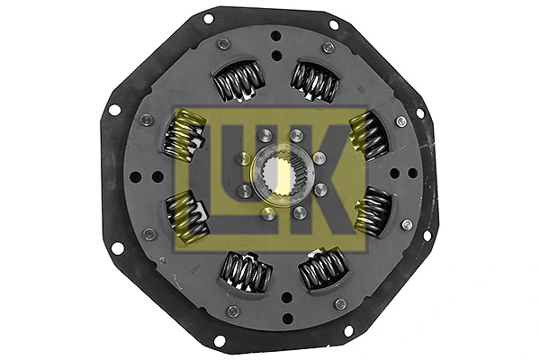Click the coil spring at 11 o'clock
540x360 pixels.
pos(238,83)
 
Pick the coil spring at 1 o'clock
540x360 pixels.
pos(314,81)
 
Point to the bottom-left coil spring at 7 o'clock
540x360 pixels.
pos(244,269)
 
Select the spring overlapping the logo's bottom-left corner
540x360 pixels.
pos(187,216)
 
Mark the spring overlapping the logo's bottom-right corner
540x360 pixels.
pos(372,212)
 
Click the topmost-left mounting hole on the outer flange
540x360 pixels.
pos(209,18)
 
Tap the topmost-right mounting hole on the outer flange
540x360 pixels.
pos(334,24)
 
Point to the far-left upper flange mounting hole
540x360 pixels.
pos(114,110)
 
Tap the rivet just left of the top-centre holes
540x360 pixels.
pos(223,43)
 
